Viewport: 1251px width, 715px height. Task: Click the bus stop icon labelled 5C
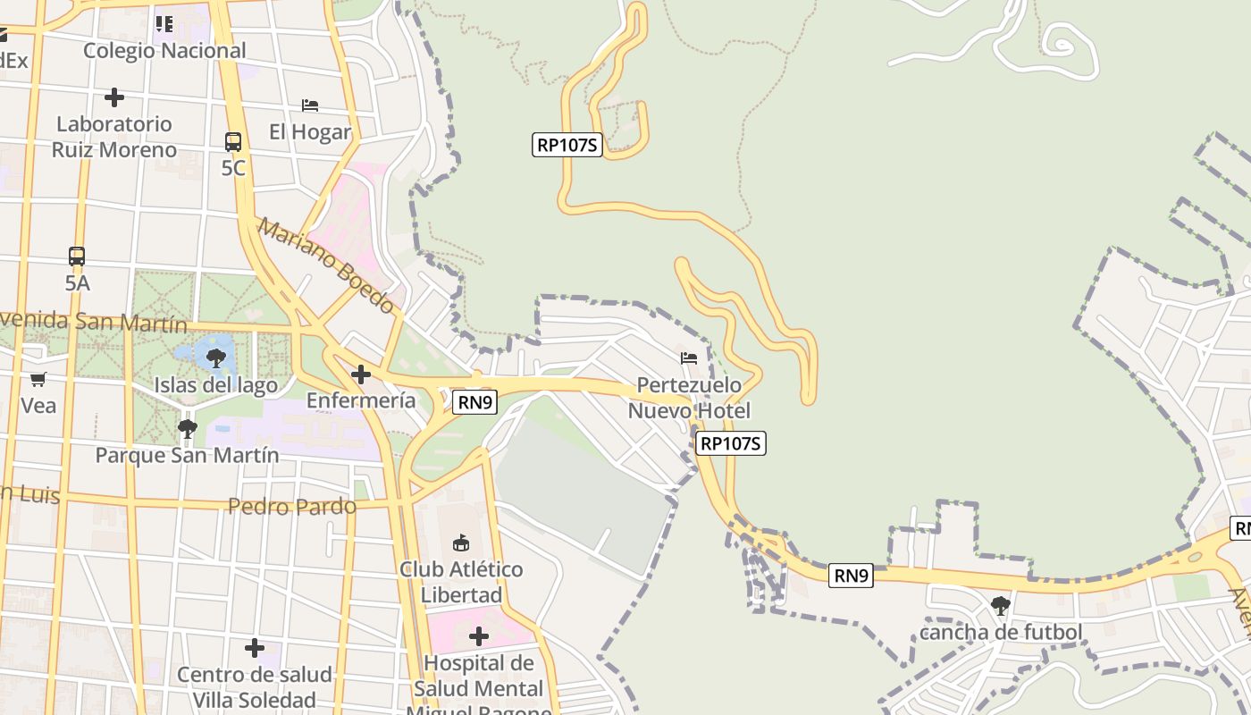(232, 141)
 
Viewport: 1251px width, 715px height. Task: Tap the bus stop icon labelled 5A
(77, 257)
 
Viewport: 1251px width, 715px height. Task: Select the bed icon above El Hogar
(310, 105)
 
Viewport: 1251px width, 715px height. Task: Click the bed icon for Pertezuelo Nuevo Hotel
(689, 357)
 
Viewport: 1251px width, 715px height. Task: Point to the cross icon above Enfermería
(361, 374)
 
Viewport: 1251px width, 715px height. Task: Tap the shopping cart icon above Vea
(38, 379)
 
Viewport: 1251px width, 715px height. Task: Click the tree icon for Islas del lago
(215, 358)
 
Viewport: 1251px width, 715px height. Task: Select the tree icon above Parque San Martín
(187, 429)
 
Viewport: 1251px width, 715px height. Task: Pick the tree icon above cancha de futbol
(1000, 606)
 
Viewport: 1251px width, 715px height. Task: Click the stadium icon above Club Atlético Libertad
(461, 543)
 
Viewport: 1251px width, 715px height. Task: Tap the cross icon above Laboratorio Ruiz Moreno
(113, 97)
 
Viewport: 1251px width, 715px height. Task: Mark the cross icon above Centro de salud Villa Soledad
(255, 647)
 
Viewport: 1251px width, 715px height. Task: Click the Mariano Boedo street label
(326, 265)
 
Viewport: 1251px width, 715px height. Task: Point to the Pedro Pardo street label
(292, 507)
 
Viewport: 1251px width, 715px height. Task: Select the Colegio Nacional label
(164, 51)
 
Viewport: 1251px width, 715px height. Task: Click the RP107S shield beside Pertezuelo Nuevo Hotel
(731, 443)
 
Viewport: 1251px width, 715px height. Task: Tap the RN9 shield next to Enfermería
(475, 402)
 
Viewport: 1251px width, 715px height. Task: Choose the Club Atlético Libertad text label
(461, 582)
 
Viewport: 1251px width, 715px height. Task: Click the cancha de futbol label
(1001, 633)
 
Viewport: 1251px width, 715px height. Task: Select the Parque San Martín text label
(187, 455)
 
